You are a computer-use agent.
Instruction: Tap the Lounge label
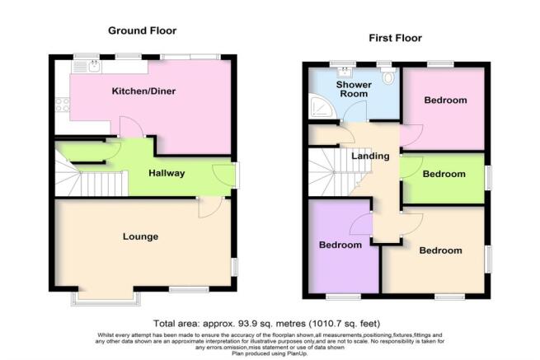click(140, 236)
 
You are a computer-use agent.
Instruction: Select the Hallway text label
click(167, 173)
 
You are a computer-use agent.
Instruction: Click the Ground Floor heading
click(142, 30)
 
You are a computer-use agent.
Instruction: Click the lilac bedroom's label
click(340, 245)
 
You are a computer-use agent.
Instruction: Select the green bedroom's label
click(444, 174)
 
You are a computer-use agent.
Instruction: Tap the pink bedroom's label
click(445, 101)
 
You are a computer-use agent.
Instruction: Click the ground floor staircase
click(87, 175)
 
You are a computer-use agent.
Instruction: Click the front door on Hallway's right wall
click(222, 175)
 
